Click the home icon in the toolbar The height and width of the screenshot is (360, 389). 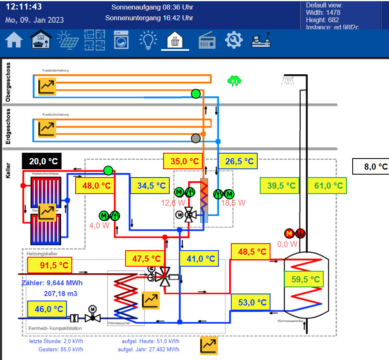tap(14, 40)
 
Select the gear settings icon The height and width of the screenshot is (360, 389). tap(234, 40)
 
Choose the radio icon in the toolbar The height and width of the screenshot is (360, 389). tap(207, 40)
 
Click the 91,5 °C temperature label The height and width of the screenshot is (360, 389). tap(50, 265)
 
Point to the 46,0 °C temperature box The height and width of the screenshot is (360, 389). tap(47, 309)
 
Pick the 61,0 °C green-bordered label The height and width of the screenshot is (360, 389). tap(327, 185)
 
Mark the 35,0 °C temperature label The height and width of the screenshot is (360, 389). tap(184, 161)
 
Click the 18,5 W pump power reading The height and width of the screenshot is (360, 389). tap(233, 203)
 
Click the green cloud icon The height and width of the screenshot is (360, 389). tap(234, 80)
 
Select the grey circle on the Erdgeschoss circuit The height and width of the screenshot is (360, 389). tap(196, 138)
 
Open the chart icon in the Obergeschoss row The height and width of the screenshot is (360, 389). tap(47, 86)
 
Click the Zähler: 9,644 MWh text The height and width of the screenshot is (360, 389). tap(52, 283)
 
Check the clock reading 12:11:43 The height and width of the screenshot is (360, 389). tap(24, 7)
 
